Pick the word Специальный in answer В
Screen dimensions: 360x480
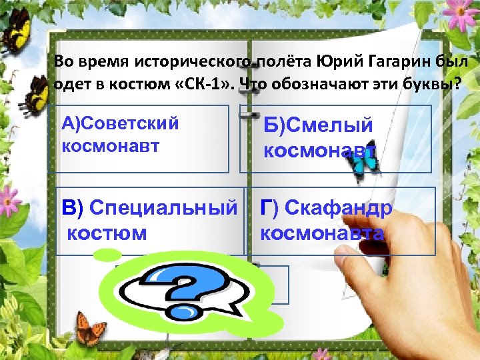163,209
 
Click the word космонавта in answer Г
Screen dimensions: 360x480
322,233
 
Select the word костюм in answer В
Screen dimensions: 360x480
107,233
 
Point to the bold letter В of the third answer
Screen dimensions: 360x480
70,209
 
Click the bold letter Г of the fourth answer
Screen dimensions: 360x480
268,209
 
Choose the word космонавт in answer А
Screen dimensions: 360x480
111,146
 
